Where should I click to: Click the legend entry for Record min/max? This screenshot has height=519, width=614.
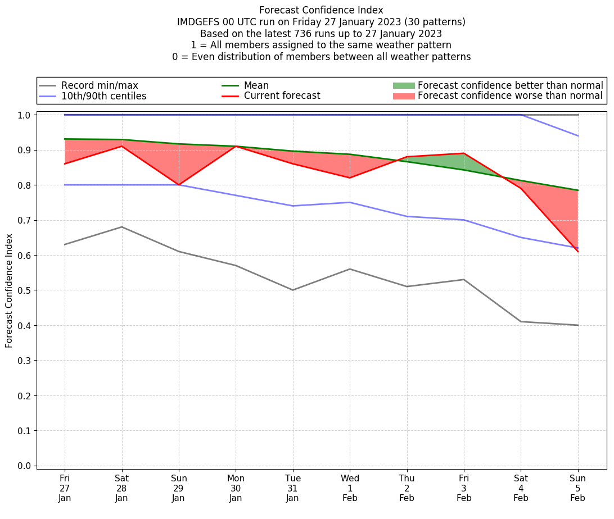[99, 85]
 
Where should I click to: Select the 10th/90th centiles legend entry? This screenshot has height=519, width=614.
[103, 96]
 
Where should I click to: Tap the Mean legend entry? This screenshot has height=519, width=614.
[256, 85]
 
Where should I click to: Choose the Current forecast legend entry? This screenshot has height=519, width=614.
[282, 96]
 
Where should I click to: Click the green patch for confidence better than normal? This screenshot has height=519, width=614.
[404, 85]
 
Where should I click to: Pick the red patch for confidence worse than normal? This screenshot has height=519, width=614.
[404, 96]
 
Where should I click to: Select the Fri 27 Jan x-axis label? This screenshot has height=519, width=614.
[65, 488]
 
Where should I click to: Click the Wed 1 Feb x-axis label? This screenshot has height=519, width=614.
[350, 488]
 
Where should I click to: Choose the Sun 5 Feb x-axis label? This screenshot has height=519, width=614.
[577, 488]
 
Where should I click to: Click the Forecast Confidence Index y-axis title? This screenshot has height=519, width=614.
[9, 290]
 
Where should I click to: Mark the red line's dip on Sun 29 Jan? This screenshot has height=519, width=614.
[179, 185]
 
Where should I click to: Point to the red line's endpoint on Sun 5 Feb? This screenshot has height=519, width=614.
[577, 252]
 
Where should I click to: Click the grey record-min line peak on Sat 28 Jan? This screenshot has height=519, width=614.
[121, 227]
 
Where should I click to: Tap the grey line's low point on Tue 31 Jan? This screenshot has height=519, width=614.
[292, 290]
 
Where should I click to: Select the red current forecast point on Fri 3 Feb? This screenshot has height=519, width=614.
[464, 153]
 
